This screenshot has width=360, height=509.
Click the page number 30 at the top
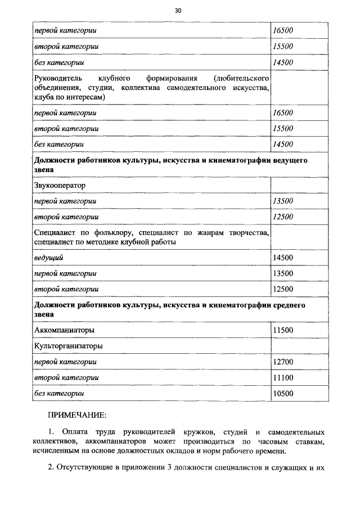(x=178, y=10)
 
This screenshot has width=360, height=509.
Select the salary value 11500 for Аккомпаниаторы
(x=282, y=330)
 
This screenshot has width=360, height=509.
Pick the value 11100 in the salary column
(x=282, y=377)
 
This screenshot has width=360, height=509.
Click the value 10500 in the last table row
(x=282, y=394)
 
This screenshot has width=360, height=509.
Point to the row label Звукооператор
(x=60, y=184)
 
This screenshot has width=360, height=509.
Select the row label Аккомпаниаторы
(x=64, y=330)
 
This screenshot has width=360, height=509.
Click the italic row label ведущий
(x=49, y=258)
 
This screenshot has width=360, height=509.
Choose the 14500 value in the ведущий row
(x=282, y=258)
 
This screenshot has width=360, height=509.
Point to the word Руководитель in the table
(x=58, y=77)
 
